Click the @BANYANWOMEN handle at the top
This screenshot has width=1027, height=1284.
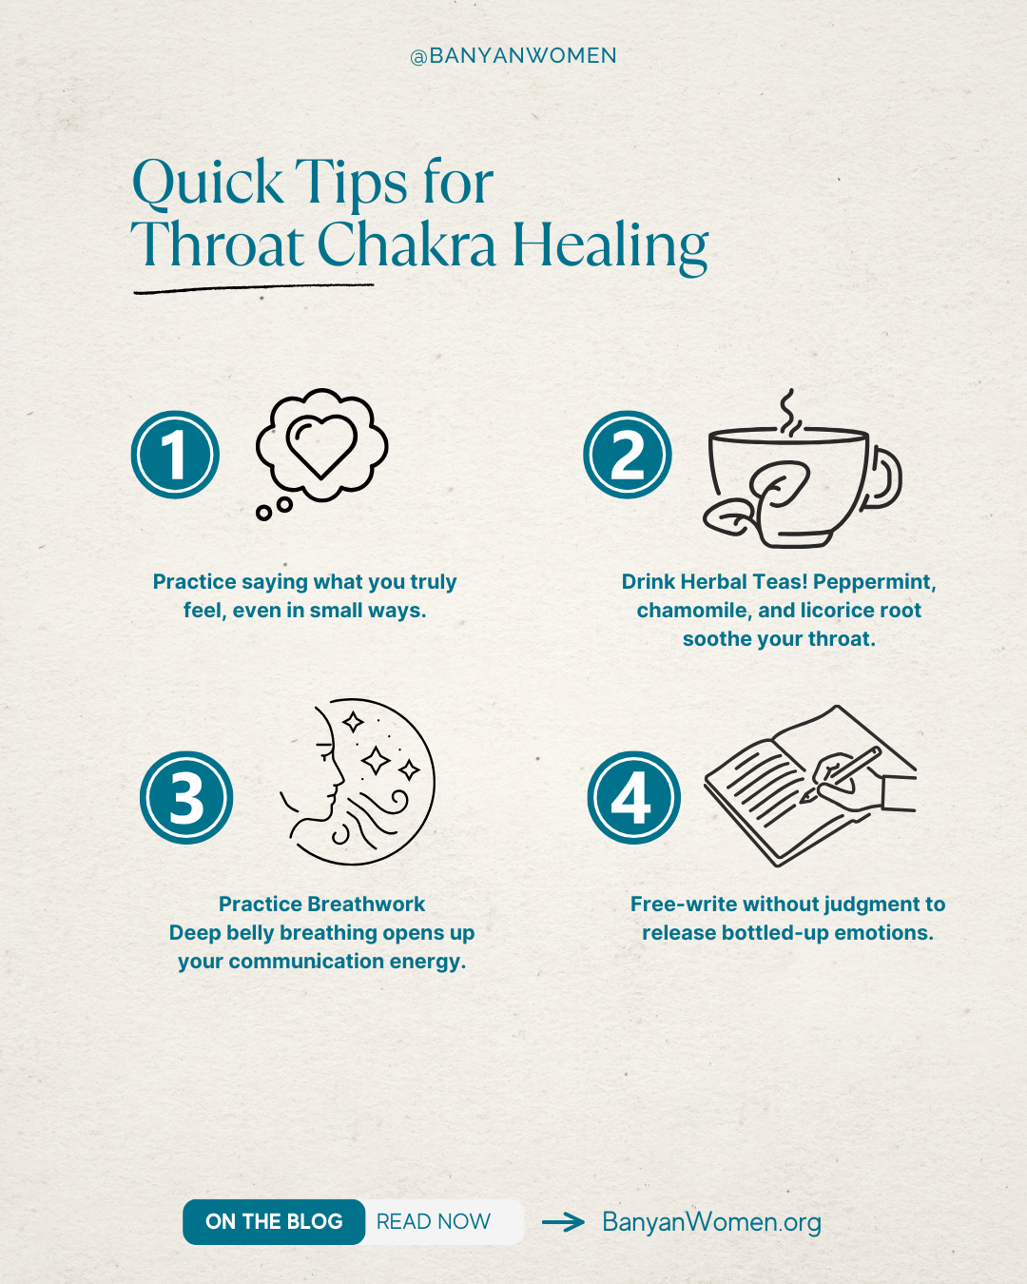click(x=513, y=56)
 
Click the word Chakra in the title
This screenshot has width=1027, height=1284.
click(x=406, y=245)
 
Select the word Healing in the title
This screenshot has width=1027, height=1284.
click(x=610, y=245)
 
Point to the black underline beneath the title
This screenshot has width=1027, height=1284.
click(x=253, y=288)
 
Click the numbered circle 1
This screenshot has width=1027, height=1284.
click(x=175, y=455)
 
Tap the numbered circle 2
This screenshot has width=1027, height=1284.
click(x=628, y=455)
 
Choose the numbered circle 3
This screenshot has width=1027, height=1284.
click(x=186, y=798)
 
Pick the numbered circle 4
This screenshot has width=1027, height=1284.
click(x=633, y=798)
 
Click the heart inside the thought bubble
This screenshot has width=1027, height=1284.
click(x=321, y=443)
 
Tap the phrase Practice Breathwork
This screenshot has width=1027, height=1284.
click(x=321, y=905)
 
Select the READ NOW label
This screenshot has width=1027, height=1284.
click(x=434, y=1222)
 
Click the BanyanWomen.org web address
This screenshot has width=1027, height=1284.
click(x=711, y=1222)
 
